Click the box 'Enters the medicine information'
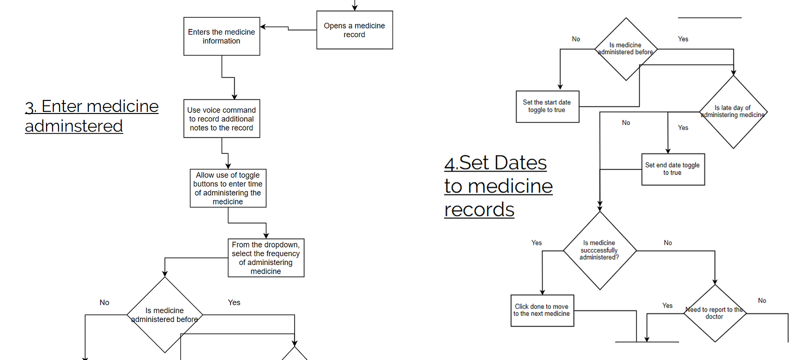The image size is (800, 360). click(x=222, y=36)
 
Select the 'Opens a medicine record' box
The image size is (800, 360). click(x=354, y=30)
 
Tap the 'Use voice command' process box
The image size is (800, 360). click(x=222, y=118)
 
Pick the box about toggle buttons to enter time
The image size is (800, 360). click(x=228, y=188)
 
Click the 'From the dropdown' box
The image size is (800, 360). click(x=266, y=258)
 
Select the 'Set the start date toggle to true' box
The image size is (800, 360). click(x=547, y=106)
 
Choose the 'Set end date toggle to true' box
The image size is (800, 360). click(x=673, y=169)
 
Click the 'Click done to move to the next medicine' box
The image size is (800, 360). click(x=542, y=310)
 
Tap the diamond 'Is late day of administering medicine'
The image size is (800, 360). click(x=733, y=112)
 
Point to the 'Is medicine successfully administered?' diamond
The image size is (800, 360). click(x=600, y=250)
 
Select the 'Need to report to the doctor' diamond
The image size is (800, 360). click(x=715, y=313)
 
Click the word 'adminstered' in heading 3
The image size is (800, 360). click(x=74, y=126)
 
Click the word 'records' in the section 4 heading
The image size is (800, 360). click(x=479, y=209)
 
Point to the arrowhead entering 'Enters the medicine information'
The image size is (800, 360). click(x=262, y=27)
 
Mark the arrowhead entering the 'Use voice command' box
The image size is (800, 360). click(x=234, y=97)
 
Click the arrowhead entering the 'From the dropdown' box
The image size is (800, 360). click(x=266, y=236)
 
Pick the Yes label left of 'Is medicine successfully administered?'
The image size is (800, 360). click(x=536, y=243)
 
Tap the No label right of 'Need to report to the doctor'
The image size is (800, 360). click(x=762, y=300)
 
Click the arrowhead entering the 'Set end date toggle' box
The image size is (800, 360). click(x=668, y=151)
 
